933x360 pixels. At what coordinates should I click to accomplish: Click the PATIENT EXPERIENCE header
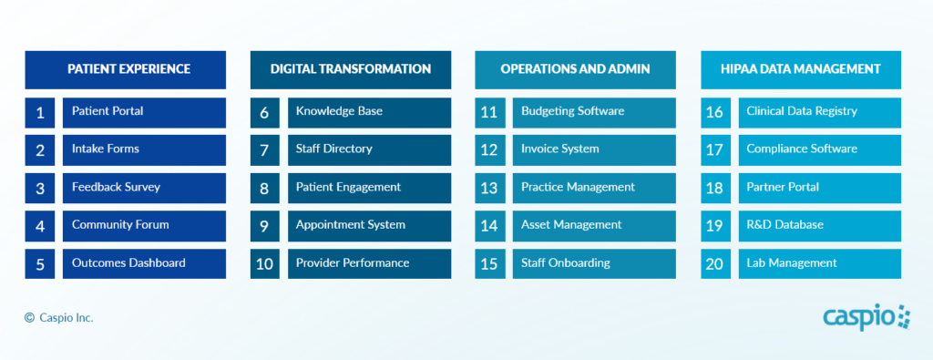tap(125, 69)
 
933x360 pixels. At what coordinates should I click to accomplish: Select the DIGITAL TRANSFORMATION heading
tap(351, 69)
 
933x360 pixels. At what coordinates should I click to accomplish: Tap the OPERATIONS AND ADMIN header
tap(576, 69)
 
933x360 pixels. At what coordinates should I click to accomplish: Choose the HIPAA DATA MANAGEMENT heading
tap(801, 69)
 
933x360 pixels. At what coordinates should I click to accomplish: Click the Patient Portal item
tap(144, 112)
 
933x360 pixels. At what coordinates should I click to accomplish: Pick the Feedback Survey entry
tap(144, 188)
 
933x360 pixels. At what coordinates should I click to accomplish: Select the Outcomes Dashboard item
tap(144, 263)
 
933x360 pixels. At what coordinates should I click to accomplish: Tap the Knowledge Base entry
tap(370, 112)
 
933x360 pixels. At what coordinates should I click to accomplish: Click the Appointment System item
tap(370, 226)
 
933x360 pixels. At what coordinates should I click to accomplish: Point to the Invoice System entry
tap(594, 150)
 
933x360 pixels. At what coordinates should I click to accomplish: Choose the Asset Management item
tap(594, 226)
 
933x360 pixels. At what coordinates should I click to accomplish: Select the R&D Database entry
tap(820, 226)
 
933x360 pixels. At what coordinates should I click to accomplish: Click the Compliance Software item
tap(820, 150)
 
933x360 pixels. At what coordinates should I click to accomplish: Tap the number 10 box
tap(265, 263)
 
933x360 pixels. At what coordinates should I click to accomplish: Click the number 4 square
tap(40, 226)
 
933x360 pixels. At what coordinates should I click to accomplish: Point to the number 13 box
tap(489, 188)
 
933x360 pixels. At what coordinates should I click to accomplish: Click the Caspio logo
tap(867, 318)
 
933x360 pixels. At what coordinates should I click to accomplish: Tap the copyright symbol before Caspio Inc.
tap(30, 318)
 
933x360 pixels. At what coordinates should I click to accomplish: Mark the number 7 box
tap(265, 150)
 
